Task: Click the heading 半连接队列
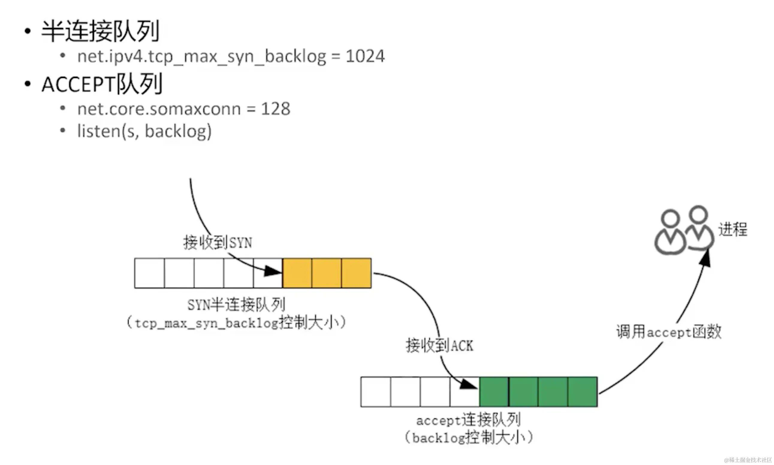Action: click(x=100, y=31)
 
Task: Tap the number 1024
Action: click(x=365, y=56)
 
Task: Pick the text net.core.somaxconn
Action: click(x=159, y=109)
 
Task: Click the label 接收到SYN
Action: click(x=218, y=242)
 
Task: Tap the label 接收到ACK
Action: click(x=439, y=346)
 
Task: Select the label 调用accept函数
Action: click(x=669, y=332)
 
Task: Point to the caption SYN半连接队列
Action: click(x=236, y=304)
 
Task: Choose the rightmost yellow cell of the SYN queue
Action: click(x=357, y=273)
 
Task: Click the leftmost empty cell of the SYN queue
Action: click(x=150, y=273)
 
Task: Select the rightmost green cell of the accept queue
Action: click(x=583, y=392)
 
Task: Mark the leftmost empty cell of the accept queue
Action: click(x=375, y=392)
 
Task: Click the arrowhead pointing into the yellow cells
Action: click(x=272, y=271)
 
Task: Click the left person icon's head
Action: click(x=670, y=219)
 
